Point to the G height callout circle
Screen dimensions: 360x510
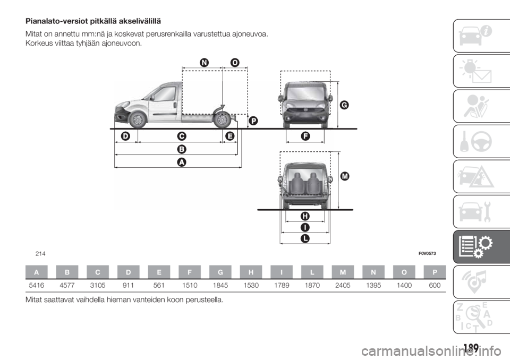pos(344,105)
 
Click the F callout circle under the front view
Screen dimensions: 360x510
pos(305,136)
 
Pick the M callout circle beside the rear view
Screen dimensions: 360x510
pos(345,175)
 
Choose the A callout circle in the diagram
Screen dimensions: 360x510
pos(181,162)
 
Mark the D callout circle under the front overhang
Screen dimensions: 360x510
pos(126,136)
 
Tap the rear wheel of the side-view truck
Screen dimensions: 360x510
pos(222,119)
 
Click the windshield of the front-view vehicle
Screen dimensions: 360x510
pos(304,91)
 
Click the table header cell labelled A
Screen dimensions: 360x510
pos(37,271)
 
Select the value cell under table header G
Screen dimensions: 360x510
pos(219,285)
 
